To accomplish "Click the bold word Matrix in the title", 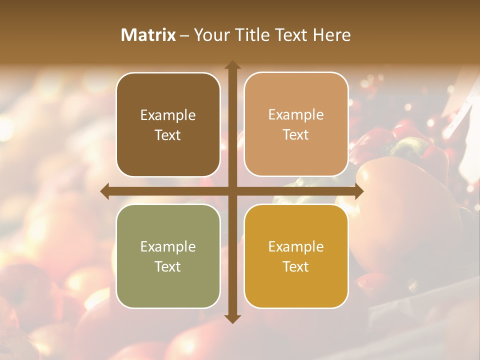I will tap(148, 35).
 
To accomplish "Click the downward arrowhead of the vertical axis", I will tap(232, 318).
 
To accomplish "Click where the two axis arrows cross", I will tap(232, 191).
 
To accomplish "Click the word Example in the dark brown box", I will tap(167, 115).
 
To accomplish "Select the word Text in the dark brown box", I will tap(167, 135).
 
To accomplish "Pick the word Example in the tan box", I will tap(295, 115).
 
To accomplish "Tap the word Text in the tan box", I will tap(295, 134).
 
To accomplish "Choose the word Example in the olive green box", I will tap(167, 247).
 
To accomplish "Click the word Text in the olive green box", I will tap(167, 266).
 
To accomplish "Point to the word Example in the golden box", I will tap(295, 247).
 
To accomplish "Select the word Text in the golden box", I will tap(295, 266).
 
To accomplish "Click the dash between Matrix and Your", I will tap(184, 35).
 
